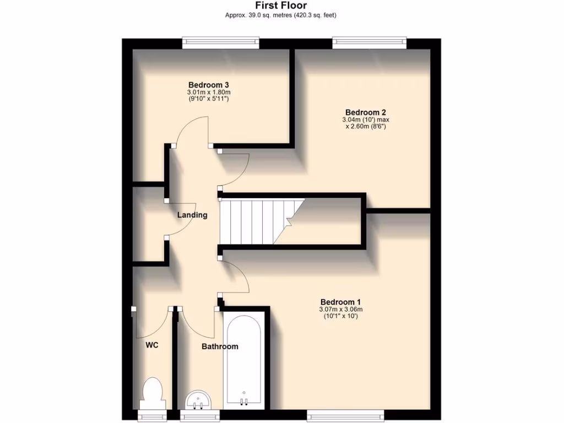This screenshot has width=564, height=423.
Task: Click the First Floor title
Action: [281, 6]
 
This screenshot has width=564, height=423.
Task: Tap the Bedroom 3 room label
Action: [209, 84]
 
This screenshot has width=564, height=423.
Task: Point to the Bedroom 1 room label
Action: [340, 302]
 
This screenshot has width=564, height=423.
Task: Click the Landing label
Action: [192, 215]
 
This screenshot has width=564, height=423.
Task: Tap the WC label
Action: [152, 345]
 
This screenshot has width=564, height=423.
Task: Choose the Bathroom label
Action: [220, 346]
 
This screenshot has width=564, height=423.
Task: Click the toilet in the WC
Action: [151, 391]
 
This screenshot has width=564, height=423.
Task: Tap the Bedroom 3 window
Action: [221, 41]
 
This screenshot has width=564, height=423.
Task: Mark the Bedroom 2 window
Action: [370, 41]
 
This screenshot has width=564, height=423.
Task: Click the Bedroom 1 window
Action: [345, 413]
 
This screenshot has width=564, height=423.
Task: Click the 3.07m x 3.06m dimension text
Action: [340, 310]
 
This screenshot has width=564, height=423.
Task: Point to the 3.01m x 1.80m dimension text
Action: [209, 92]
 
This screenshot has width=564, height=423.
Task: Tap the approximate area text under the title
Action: [281, 15]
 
